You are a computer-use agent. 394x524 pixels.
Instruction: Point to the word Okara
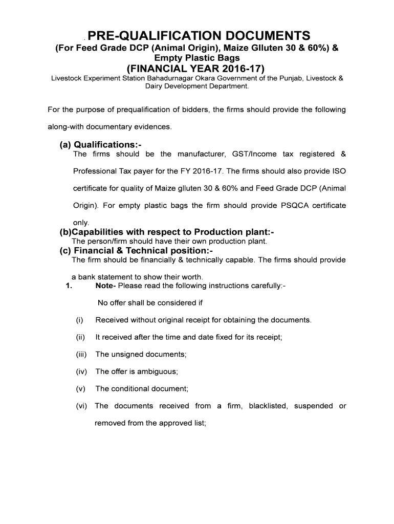tap(206, 79)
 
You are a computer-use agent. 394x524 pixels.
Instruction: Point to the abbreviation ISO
tap(340, 171)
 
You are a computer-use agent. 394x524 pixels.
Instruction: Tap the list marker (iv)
tap(80, 372)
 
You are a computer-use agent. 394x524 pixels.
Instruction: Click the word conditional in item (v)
tap(130, 388)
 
